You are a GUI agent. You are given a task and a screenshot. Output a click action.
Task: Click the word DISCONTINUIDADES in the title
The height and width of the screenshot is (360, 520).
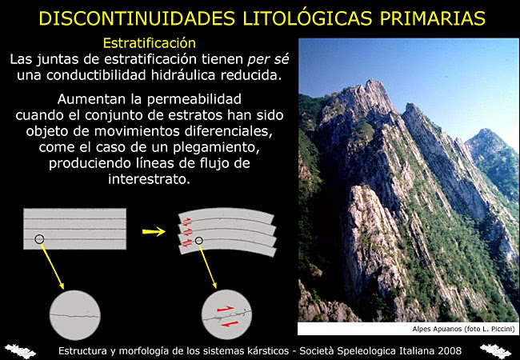[x=129, y=17]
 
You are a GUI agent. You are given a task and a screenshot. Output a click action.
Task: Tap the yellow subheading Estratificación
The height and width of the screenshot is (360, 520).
[x=150, y=42]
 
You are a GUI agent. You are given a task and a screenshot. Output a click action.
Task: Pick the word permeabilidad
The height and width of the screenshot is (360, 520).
[x=198, y=99]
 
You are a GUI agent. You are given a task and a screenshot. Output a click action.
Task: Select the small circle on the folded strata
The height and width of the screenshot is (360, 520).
[x=199, y=239]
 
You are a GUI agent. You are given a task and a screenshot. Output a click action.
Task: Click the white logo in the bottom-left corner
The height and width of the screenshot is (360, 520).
[x=21, y=350]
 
